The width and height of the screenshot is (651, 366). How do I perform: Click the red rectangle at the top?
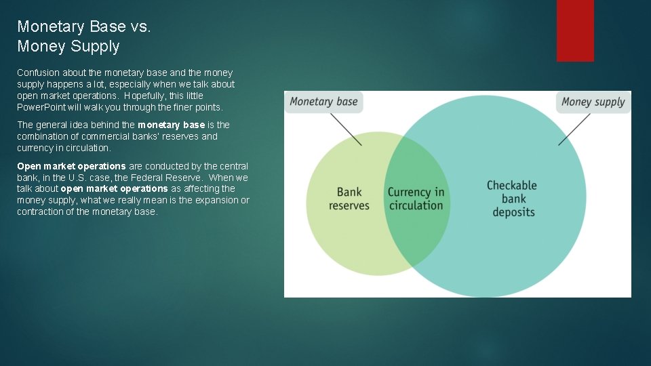tap(575, 30)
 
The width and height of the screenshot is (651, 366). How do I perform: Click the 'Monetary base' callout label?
tap(323, 102)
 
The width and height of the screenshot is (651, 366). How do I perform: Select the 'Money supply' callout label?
tap(593, 102)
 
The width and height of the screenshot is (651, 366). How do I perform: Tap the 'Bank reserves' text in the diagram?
tap(349, 199)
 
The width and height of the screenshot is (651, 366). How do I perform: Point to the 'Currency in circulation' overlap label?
tap(416, 199)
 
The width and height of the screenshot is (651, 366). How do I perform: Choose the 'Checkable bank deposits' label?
tap(512, 199)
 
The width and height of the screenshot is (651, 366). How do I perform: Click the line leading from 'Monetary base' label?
tap(346, 129)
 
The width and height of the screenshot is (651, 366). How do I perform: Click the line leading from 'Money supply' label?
tap(574, 129)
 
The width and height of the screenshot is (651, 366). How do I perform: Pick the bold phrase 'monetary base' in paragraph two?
tap(171, 125)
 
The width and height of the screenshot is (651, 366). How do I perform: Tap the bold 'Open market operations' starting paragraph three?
tap(71, 166)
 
